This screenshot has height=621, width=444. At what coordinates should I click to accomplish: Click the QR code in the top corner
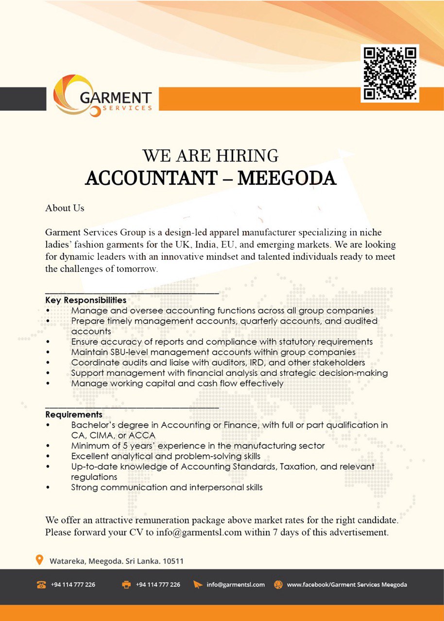(390, 73)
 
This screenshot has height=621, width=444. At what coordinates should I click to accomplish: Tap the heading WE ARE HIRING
(210, 156)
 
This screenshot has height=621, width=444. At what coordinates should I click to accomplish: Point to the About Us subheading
(65, 208)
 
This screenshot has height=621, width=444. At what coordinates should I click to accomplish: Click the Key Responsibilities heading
(86, 300)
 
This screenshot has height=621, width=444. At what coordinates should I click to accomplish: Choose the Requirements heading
(74, 415)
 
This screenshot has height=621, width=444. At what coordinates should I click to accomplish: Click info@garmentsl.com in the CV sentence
(199, 532)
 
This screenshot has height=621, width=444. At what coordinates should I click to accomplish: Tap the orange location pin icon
(40, 560)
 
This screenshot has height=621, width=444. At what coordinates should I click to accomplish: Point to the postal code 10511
(173, 561)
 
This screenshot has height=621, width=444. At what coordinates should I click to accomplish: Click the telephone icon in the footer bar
(41, 585)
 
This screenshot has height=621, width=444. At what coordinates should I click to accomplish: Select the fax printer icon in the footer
(126, 585)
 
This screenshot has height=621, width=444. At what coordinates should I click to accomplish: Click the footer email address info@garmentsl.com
(236, 585)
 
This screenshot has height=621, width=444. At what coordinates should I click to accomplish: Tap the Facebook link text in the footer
(347, 585)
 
